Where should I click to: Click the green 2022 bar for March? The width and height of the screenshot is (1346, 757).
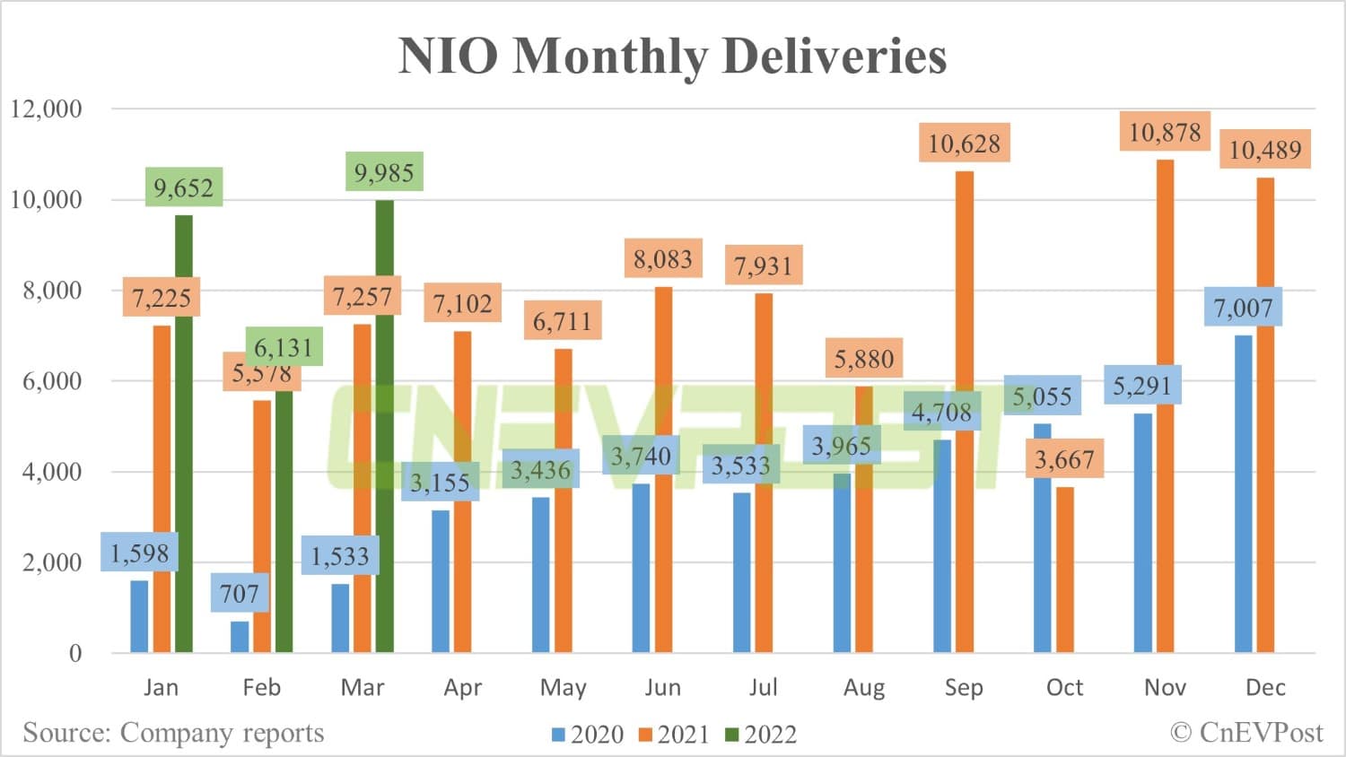[384, 426]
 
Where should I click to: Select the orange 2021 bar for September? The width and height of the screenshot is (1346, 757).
[965, 412]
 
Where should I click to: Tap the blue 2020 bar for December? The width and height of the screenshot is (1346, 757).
[1243, 494]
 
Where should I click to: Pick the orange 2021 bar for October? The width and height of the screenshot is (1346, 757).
[1064, 570]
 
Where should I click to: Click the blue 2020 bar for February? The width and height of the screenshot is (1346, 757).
[240, 637]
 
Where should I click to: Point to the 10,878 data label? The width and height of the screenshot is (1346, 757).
[1165, 133]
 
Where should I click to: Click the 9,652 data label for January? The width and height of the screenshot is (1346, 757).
[183, 187]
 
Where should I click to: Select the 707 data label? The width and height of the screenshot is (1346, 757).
[240, 594]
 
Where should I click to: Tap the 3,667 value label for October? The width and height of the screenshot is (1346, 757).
[1064, 460]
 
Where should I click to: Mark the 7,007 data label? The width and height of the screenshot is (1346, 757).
[1243, 309]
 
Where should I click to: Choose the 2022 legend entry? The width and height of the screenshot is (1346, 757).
[761, 735]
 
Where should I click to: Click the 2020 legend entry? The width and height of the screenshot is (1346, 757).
[588, 735]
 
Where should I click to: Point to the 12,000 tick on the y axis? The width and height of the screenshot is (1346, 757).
[46, 109]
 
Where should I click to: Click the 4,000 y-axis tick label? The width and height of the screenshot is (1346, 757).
[52, 472]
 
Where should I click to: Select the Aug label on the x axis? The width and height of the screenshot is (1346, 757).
[864, 688]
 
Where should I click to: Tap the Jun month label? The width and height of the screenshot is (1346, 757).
[663, 688]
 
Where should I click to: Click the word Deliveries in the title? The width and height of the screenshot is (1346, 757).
[834, 56]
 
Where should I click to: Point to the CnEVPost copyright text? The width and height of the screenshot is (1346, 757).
[1246, 733]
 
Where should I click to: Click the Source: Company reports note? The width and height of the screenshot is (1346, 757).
[173, 733]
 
